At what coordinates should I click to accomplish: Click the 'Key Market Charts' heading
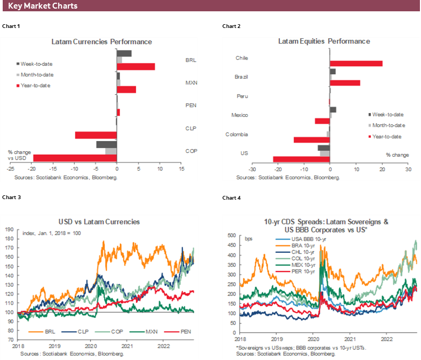(x=43, y=6)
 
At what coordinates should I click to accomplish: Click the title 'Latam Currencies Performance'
(x=101, y=41)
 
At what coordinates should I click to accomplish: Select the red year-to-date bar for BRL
(x=136, y=67)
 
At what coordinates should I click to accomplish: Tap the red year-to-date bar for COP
(x=75, y=158)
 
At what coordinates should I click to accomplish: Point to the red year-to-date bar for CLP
(x=95, y=135)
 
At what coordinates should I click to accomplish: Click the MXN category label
(x=190, y=83)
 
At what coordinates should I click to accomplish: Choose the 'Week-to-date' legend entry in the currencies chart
(x=34, y=63)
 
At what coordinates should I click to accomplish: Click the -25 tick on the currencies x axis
(x=10, y=169)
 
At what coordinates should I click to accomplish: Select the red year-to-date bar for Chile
(x=356, y=63)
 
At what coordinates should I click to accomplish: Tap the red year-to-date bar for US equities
(x=301, y=159)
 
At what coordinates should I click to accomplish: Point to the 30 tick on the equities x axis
(x=408, y=169)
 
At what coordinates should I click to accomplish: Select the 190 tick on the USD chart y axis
(x=10, y=229)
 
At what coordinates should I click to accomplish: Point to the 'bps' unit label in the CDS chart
(x=249, y=238)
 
